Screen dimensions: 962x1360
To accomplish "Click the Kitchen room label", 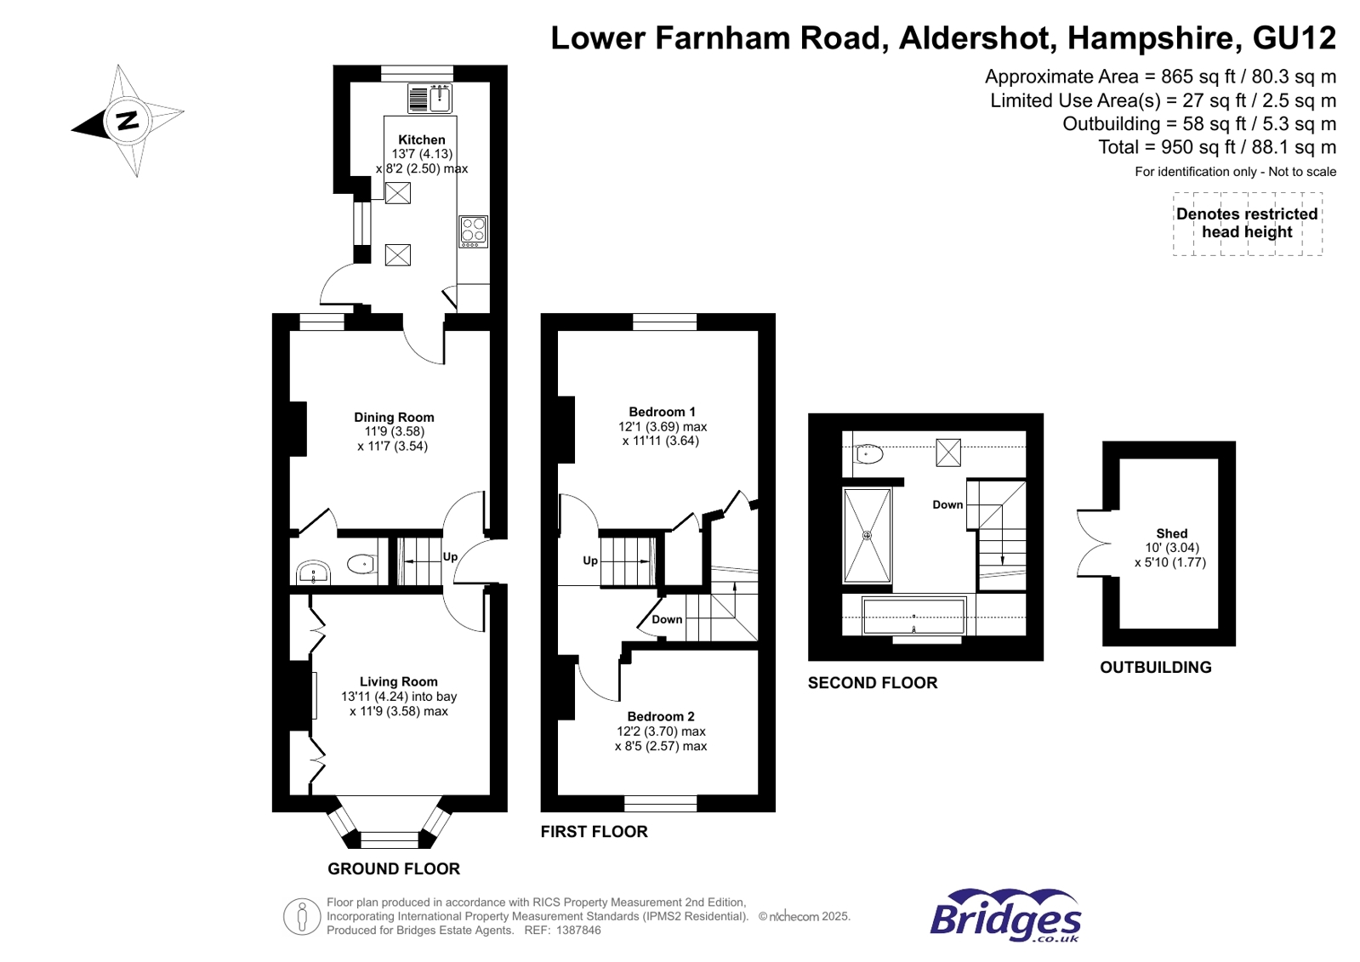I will tap(421, 139).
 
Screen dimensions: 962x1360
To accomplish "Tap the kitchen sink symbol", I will tap(430, 99).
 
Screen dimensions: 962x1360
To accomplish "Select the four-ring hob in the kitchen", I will tap(474, 231).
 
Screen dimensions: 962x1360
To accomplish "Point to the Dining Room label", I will tap(394, 417).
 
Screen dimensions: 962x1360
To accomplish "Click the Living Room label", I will tap(398, 681).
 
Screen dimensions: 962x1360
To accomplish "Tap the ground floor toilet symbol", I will tap(361, 564).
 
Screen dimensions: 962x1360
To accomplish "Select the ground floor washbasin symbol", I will tap(313, 572).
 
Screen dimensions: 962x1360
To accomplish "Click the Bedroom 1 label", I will tap(662, 412).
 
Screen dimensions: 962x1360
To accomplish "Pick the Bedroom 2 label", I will tap(661, 716).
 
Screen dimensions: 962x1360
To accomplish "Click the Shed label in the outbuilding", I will tap(1171, 533).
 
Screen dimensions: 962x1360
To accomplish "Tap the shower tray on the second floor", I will tap(867, 536).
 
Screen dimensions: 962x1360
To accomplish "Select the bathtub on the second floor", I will tap(913, 615).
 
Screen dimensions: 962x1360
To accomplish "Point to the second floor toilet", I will tap(868, 454).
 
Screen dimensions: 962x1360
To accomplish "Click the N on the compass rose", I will tap(128, 120).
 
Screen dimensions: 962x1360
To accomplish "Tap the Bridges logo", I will tap(1004, 916).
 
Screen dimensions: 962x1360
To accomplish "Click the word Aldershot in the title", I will tap(977, 38).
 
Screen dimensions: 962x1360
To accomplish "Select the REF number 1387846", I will tap(578, 931).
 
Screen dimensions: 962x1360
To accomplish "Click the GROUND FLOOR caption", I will tap(394, 868).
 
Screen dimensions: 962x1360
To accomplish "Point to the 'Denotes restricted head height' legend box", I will tap(1247, 224).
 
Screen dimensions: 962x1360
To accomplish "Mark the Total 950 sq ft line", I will tap(1216, 147).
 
